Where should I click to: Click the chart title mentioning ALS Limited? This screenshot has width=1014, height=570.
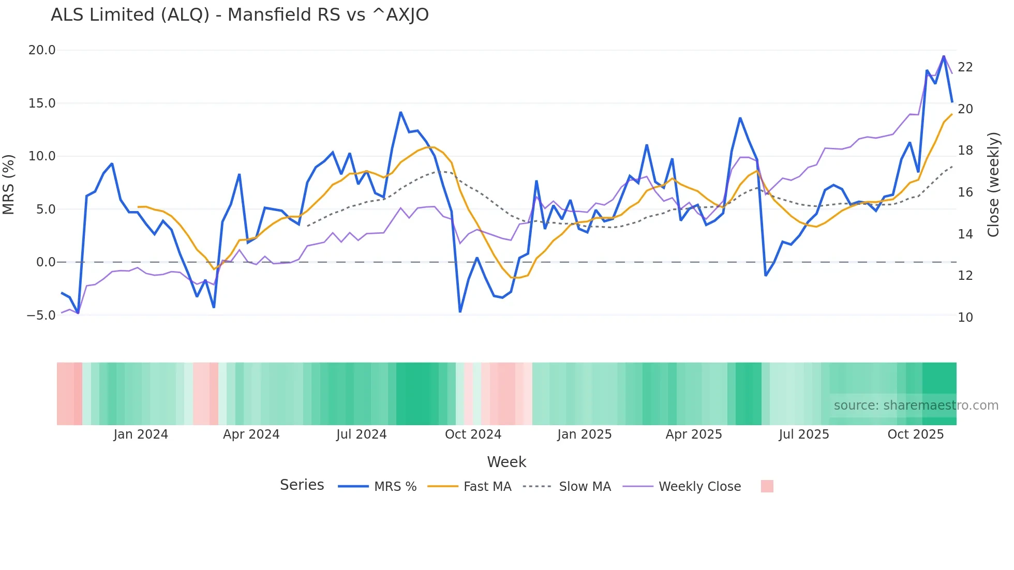pos(240,15)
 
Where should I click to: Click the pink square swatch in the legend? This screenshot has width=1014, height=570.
pos(767,486)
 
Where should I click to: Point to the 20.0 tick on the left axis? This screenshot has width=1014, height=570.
pos(42,50)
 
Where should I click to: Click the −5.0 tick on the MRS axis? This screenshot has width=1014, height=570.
pos(41,316)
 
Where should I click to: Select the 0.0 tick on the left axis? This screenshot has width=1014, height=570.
pos(46,262)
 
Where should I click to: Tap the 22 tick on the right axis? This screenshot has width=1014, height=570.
pos(965,67)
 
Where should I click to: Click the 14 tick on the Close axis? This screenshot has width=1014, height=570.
pos(965,234)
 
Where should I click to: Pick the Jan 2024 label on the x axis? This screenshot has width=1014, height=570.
pos(141,434)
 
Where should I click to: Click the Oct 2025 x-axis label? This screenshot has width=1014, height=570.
pos(915,434)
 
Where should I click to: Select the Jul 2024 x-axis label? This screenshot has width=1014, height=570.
pos(361,434)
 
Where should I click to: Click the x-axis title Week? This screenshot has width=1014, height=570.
pos(506,462)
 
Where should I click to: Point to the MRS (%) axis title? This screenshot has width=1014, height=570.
pos(9,184)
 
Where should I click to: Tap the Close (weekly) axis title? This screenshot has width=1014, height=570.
pos(993,184)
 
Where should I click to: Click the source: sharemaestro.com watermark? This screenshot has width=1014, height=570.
pos(916,406)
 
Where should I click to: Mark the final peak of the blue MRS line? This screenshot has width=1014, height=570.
pos(944,56)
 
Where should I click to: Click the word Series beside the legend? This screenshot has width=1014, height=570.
pos(302,485)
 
